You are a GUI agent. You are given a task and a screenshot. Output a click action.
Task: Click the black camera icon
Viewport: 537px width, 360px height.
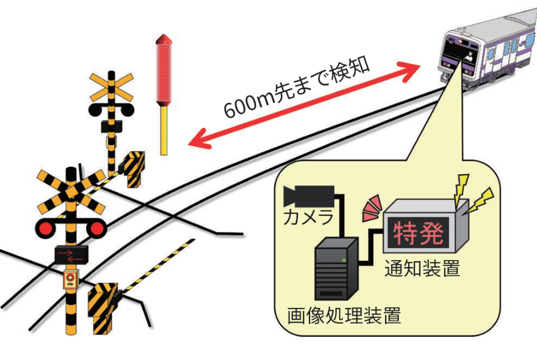point(309,196)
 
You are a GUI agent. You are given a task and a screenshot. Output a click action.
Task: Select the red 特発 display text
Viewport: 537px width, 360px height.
point(418,234)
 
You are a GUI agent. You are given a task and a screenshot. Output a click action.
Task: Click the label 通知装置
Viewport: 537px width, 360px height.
point(422,268)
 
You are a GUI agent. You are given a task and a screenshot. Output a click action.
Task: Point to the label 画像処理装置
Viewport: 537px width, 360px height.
point(344,315)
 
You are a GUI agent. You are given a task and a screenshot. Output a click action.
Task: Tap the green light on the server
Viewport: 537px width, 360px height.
point(344,261)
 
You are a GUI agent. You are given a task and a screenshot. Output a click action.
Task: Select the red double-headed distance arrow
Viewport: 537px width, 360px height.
point(304,105)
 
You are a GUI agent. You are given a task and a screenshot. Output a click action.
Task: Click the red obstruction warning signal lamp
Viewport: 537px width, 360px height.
point(164,70)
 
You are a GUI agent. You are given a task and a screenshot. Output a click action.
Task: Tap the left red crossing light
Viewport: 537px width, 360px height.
point(46,228)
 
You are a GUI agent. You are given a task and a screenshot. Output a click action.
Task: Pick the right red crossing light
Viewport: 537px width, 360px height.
point(96,228)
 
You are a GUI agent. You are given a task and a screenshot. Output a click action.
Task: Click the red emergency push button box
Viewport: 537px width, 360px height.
point(71,279)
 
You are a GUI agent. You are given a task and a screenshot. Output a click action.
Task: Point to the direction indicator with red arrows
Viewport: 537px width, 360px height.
point(71,255)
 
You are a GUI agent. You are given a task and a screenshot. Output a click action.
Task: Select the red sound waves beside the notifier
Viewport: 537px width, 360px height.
point(372,208)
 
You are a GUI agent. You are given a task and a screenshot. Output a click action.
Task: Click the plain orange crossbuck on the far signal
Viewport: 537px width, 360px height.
point(111,88)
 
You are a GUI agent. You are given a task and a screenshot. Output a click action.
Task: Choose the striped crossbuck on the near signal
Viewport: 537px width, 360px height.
point(71,192)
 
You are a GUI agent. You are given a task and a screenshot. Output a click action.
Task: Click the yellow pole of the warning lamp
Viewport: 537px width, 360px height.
point(164,131)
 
